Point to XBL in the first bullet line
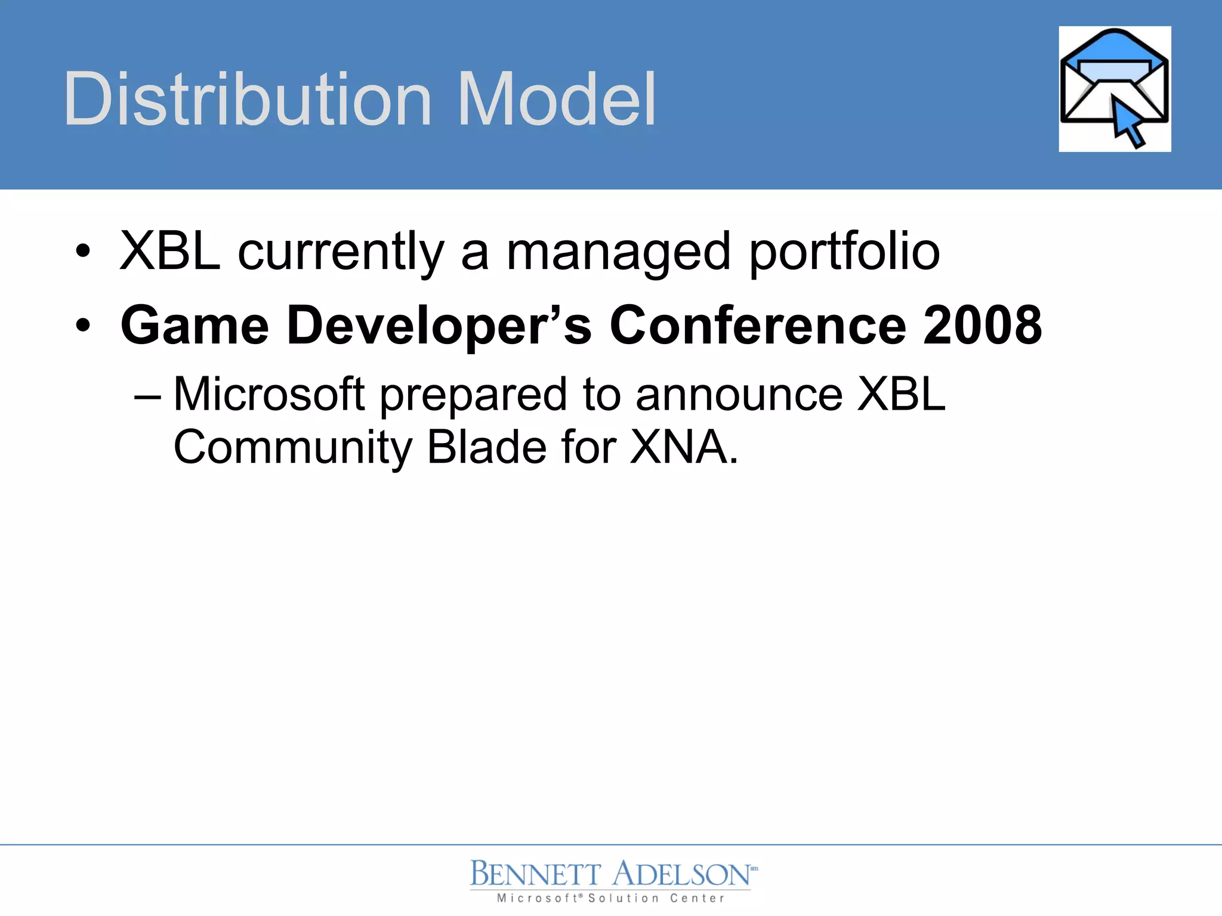click(x=170, y=250)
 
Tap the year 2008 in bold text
click(x=982, y=325)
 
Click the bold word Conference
click(x=757, y=325)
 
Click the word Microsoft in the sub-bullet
click(x=269, y=394)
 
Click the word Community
click(x=292, y=448)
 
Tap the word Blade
click(x=486, y=448)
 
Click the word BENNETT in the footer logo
click(x=535, y=874)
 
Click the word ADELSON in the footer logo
click(x=681, y=874)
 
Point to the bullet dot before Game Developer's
click(x=84, y=325)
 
